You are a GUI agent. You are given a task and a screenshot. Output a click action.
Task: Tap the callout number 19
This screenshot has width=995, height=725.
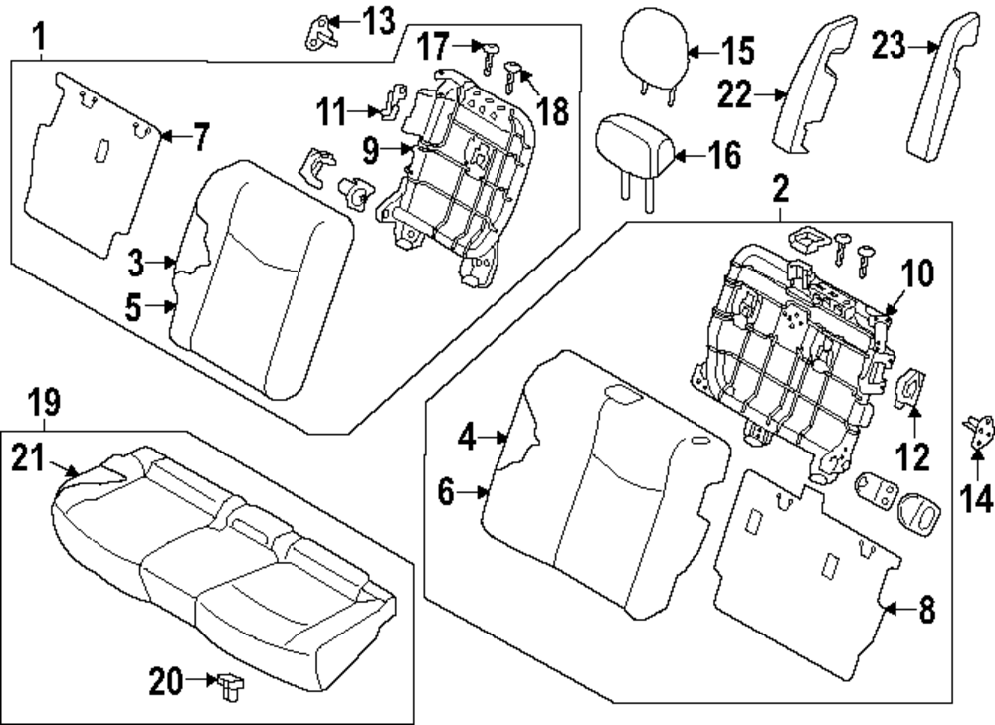pyautogui.click(x=44, y=404)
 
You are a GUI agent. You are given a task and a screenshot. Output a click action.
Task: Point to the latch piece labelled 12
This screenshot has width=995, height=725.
pyautogui.click(x=910, y=388)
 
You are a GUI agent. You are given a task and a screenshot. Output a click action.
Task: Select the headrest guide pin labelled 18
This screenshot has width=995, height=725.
pyautogui.click(x=513, y=71)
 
